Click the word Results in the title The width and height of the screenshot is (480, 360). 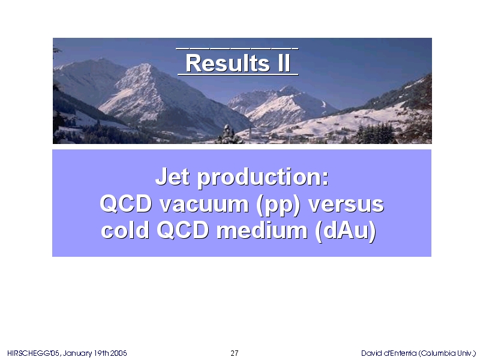click(x=227, y=63)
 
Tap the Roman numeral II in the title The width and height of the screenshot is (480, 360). click(x=284, y=63)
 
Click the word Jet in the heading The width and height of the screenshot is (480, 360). click(x=172, y=176)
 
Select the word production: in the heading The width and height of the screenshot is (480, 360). click(x=263, y=178)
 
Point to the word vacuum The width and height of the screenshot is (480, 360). click(x=204, y=204)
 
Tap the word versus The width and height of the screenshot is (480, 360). click(x=346, y=205)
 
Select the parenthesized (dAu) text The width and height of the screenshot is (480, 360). click(x=346, y=231)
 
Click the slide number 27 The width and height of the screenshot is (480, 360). click(x=235, y=353)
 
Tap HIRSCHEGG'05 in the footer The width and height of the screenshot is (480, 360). click(x=34, y=353)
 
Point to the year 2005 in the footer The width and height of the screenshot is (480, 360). click(x=118, y=353)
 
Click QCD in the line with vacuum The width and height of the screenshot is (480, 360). click(x=126, y=204)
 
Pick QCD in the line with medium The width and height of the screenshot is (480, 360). click(x=183, y=230)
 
